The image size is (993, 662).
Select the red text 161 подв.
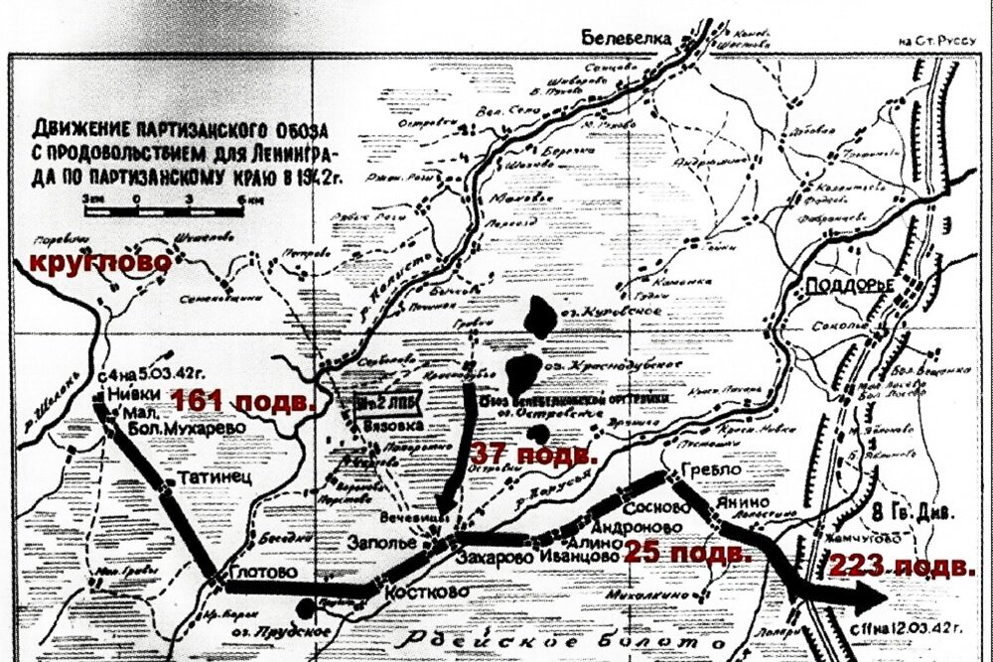[x=243, y=402]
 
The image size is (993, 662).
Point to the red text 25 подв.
[x=684, y=551]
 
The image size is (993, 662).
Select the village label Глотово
[x=261, y=574]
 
